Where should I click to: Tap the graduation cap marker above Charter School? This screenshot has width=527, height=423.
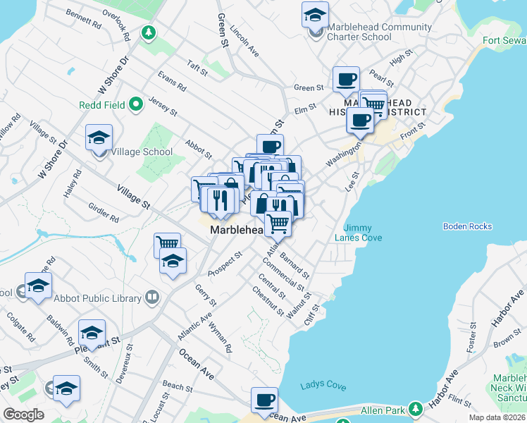pyautogui.click(x=315, y=14)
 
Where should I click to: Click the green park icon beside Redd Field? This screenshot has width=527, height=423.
pyautogui.click(x=136, y=105)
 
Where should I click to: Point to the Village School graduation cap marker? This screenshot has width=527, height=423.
pyautogui.click(x=99, y=138)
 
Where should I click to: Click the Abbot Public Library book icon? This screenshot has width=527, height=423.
pyautogui.click(x=151, y=298)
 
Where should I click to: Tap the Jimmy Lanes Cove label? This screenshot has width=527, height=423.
pyautogui.click(x=363, y=233)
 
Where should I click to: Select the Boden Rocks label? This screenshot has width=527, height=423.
pyautogui.click(x=467, y=226)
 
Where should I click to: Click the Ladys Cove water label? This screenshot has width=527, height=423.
pyautogui.click(x=323, y=386)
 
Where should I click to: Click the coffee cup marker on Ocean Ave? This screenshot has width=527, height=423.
pyautogui.click(x=265, y=400)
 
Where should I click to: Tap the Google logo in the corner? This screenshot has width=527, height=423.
pyautogui.click(x=23, y=415)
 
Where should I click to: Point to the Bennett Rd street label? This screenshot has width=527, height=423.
pyautogui.click(x=83, y=18)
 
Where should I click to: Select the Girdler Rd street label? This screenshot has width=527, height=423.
pyautogui.click(x=103, y=214)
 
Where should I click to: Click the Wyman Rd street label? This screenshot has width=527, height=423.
pyautogui.click(x=224, y=339)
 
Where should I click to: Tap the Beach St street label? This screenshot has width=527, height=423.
pyautogui.click(x=178, y=387)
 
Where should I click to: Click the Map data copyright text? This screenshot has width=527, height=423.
pyautogui.click(x=497, y=417)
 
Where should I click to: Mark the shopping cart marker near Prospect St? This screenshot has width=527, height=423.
pyautogui.click(x=167, y=244)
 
